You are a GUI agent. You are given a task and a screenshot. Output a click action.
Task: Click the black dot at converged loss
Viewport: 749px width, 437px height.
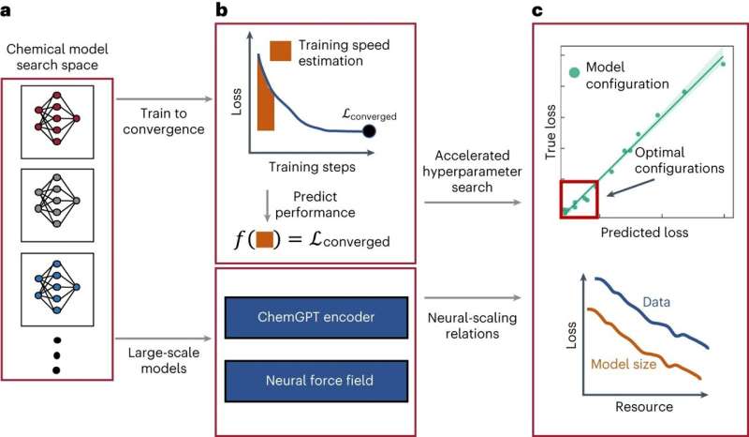click(370, 132)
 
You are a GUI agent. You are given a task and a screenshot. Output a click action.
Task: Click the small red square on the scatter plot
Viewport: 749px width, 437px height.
click(579, 198)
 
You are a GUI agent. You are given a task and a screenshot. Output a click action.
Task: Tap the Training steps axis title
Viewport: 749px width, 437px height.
click(304, 166)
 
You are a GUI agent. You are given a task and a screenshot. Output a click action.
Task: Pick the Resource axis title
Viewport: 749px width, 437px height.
click(646, 409)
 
